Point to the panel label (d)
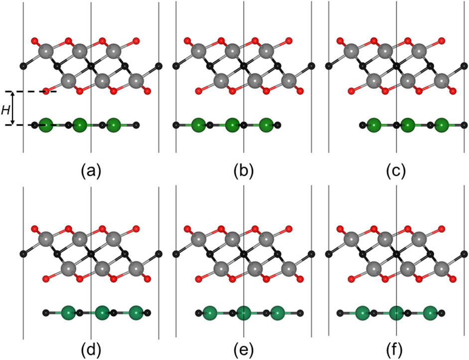91,345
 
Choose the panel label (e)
244,345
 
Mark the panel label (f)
396,345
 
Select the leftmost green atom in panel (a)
46,125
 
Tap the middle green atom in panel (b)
232,125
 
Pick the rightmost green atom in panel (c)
441,125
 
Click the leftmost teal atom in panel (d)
68,314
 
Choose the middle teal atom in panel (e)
243,314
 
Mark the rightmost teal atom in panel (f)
430,314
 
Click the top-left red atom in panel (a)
34,40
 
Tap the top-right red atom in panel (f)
442,229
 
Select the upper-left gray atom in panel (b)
198,51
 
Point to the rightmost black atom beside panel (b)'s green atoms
278,125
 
